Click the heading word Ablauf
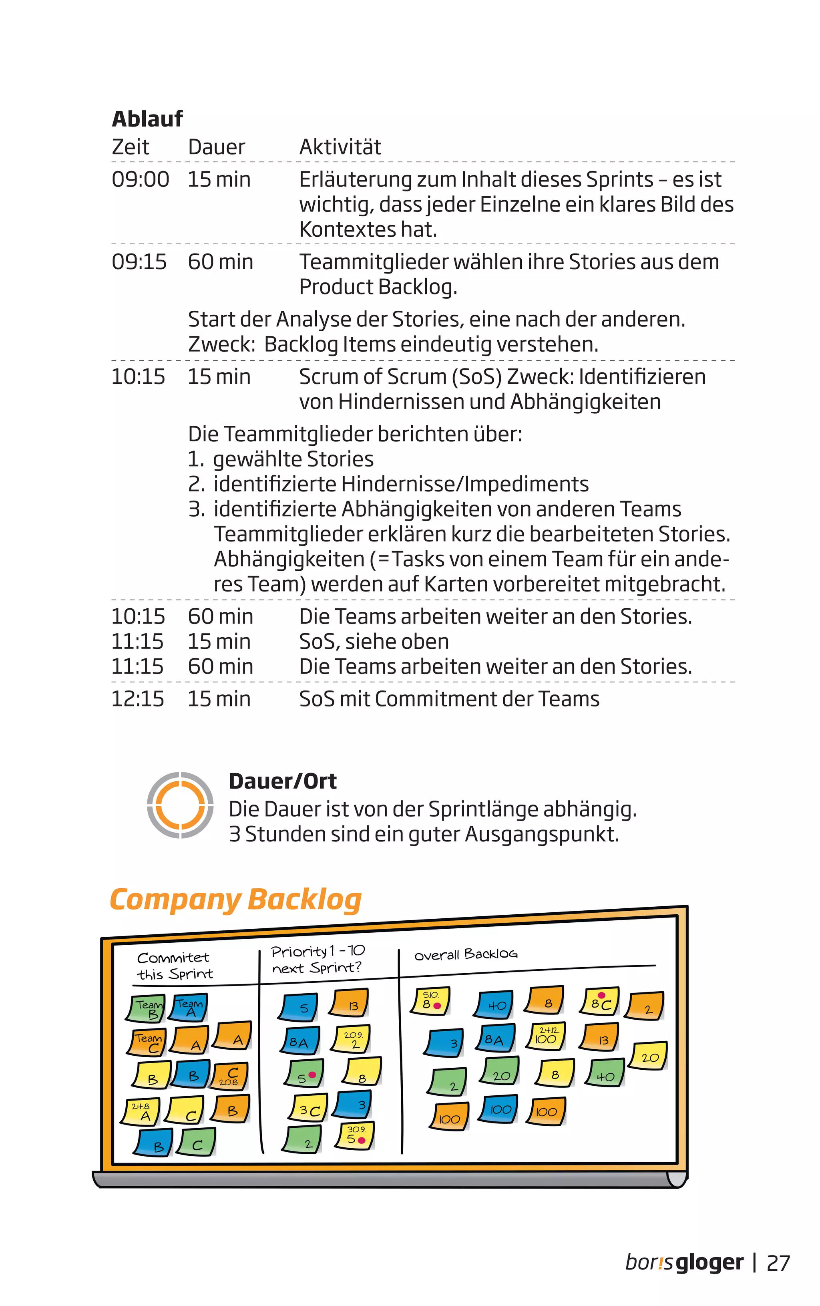click(x=147, y=119)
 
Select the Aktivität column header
click(x=340, y=147)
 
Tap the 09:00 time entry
click(x=140, y=179)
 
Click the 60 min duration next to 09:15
click(x=220, y=262)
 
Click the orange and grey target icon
click(x=180, y=805)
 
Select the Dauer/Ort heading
click(x=283, y=781)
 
